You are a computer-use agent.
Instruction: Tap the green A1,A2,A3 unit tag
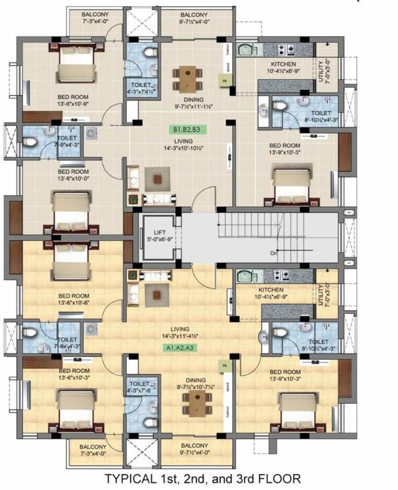181,348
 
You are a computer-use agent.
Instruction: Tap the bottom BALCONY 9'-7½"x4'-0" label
193,449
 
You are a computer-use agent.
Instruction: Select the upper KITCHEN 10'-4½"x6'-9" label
284,68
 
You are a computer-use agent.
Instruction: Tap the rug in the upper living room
158,179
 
